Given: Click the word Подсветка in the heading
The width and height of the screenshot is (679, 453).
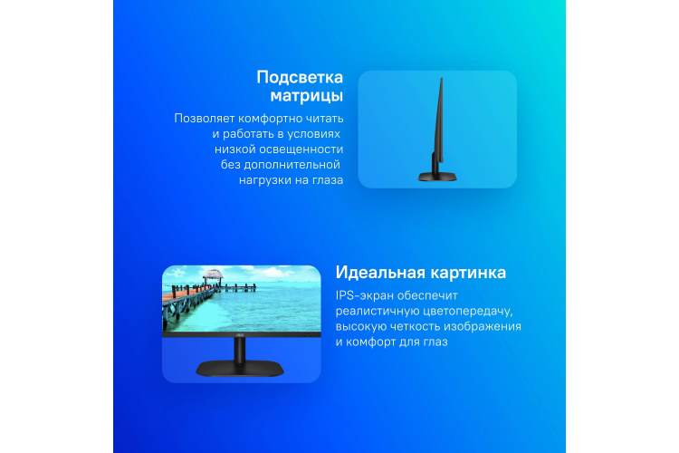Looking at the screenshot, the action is (300, 77).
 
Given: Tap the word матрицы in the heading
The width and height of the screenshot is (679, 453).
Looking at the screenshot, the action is (307, 96).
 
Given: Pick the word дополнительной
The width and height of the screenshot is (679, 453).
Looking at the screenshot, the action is (292, 165).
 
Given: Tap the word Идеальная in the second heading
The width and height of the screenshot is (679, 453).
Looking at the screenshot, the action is (379, 273).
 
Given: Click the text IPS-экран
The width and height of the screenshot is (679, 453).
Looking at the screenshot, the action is (365, 295).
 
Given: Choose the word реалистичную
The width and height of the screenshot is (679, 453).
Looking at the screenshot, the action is (378, 312).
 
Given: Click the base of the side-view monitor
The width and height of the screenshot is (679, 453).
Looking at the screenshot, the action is (437, 177).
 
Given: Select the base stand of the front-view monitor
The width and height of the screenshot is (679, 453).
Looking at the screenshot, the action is (240, 369).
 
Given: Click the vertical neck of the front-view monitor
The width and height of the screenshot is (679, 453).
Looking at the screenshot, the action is (240, 350).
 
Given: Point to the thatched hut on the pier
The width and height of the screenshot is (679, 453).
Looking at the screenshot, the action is (213, 275).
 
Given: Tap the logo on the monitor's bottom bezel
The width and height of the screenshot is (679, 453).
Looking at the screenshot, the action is (240, 334).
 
